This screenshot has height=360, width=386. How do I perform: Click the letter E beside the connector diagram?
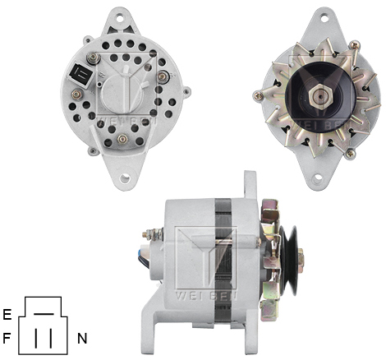[7, 314]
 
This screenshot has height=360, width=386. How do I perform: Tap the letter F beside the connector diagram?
[7, 337]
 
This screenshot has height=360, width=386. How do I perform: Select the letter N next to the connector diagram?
[82, 337]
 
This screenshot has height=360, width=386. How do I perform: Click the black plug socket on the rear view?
[82, 72]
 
